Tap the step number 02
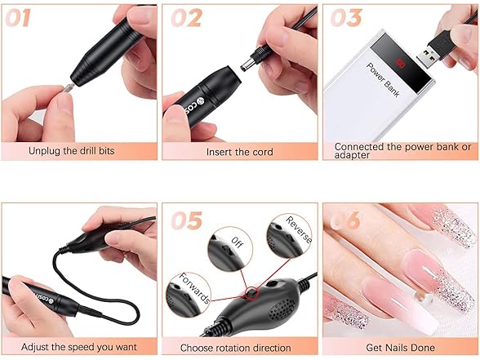[x=185, y=18]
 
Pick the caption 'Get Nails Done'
[x=401, y=348]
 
